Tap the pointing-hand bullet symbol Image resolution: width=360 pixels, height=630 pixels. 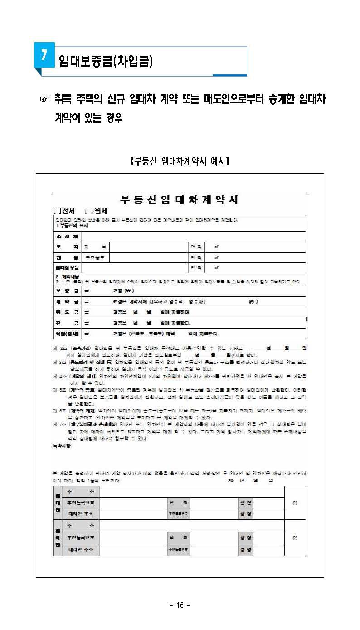tap(44, 99)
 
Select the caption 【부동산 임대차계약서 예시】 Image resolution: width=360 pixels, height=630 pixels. tap(180, 161)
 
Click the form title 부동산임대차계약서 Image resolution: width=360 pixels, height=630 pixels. tap(179, 200)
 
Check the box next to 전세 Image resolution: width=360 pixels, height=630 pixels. tap(56, 211)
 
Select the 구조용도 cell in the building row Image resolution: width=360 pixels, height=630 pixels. tap(95, 257)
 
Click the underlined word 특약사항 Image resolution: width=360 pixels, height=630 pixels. tap(62, 446)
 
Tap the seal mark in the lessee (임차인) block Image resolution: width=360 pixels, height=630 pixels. tap(295, 538)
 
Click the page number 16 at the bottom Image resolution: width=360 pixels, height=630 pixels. tap(180, 606)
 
